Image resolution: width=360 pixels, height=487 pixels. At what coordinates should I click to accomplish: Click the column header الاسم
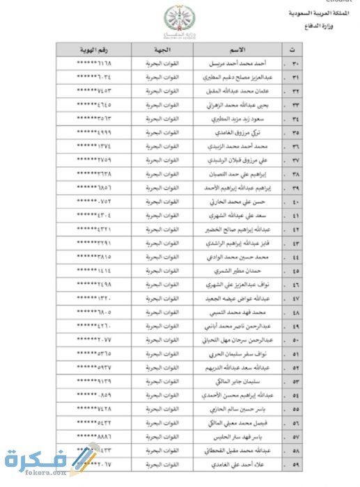237,49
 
